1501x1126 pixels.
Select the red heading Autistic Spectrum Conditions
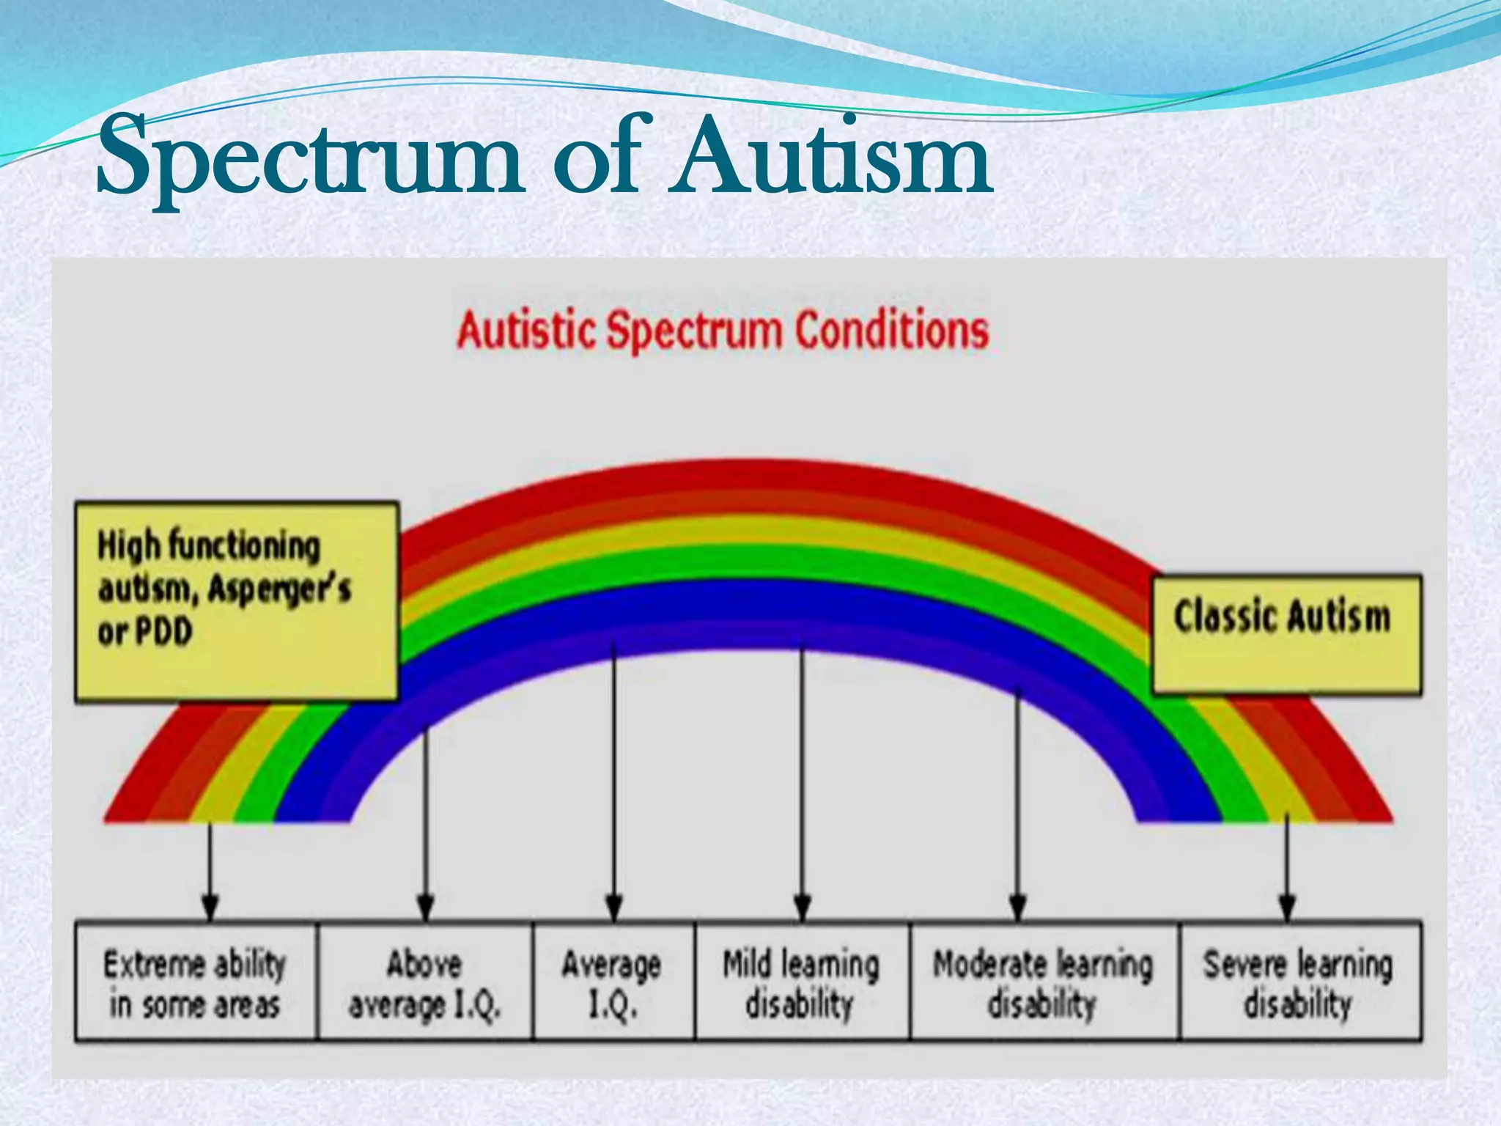723,331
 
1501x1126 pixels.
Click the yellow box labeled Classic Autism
1286,634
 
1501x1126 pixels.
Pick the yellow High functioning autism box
236,601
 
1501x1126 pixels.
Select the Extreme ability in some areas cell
196,982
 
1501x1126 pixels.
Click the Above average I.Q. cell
425,982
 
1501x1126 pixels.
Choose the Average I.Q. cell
613,982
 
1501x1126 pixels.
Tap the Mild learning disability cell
802,982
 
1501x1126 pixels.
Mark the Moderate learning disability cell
1044,982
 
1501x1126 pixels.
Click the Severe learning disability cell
1299,982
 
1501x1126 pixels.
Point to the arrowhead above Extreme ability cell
210,908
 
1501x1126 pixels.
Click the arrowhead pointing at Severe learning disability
1287,908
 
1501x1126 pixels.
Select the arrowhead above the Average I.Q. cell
614,908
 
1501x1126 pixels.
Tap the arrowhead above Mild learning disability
803,908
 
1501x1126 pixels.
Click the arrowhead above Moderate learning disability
1017,908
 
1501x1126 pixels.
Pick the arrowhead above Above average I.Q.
426,908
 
